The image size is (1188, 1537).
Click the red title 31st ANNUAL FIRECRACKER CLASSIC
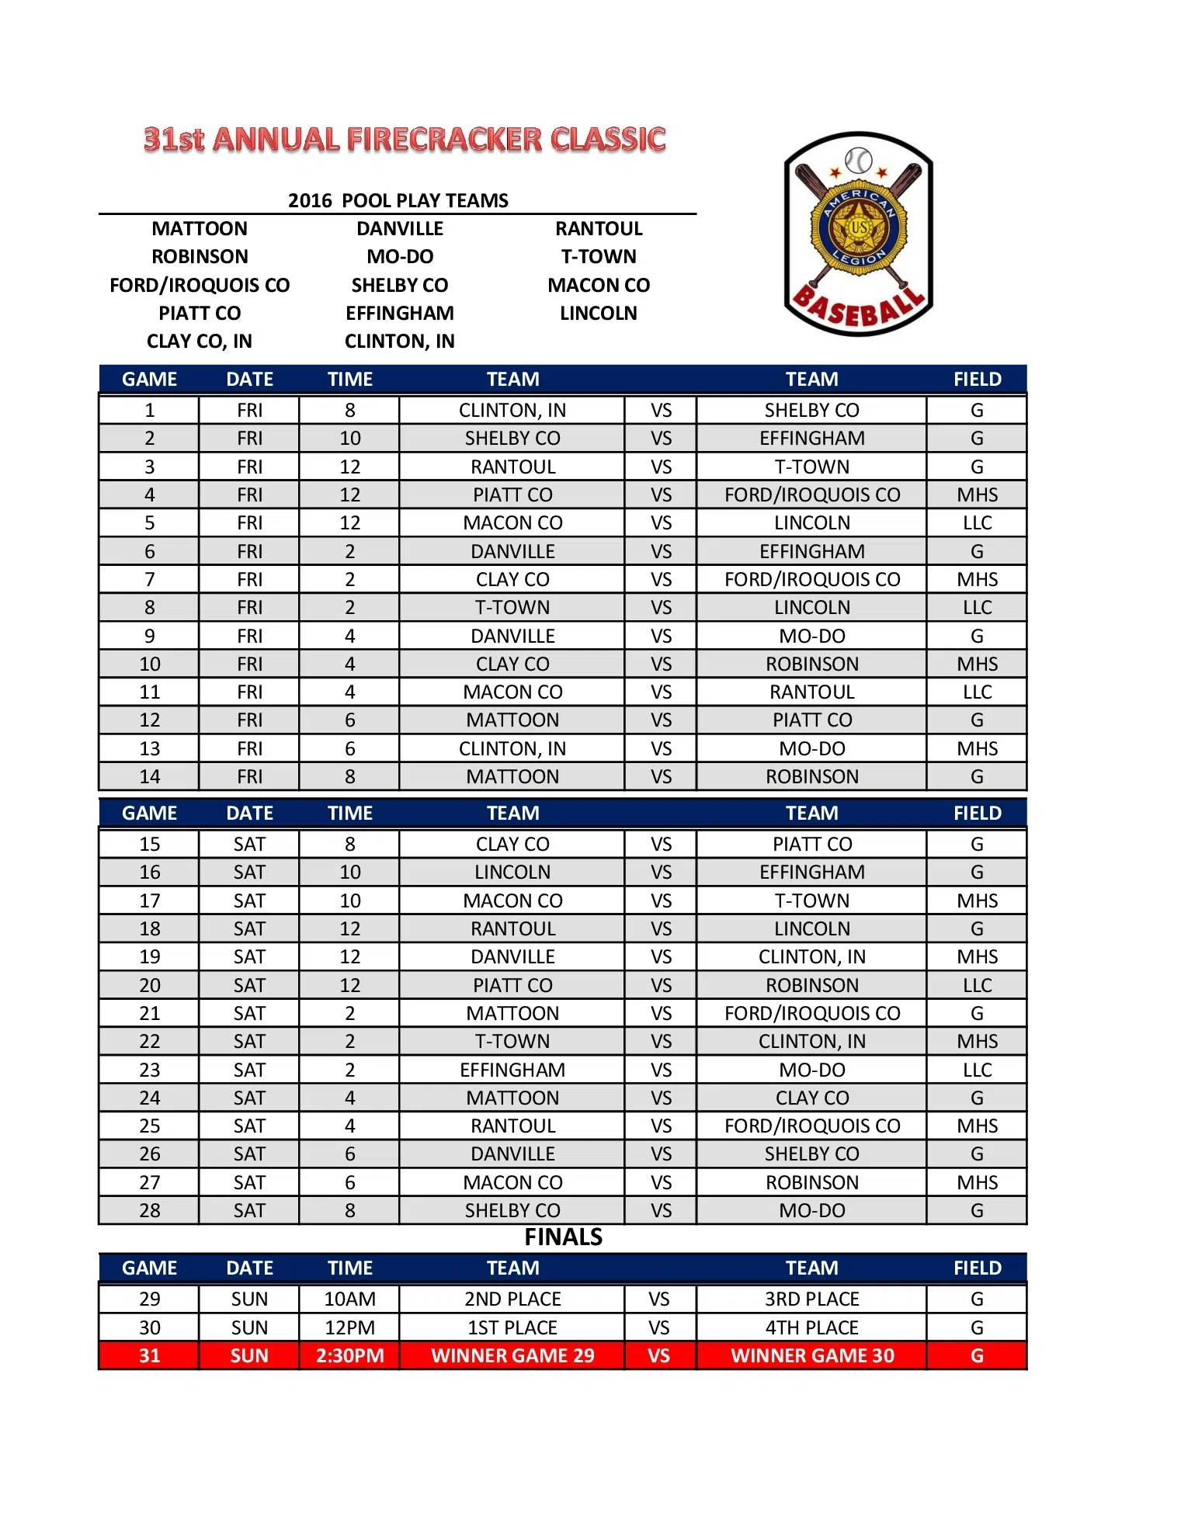(x=405, y=140)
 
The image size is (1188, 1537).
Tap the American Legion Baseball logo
(x=858, y=234)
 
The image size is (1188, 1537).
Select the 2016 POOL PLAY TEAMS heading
(x=398, y=200)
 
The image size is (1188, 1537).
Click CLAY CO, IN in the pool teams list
(x=200, y=342)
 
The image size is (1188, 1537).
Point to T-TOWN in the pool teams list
(x=599, y=257)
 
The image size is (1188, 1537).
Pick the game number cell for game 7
(x=149, y=580)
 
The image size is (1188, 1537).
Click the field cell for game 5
(x=977, y=523)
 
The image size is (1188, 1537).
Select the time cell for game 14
(x=349, y=777)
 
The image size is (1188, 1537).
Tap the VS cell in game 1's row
(x=661, y=411)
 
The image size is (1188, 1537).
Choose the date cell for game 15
(x=249, y=845)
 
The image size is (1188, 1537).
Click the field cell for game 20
(x=977, y=986)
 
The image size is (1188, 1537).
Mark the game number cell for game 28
(x=149, y=1211)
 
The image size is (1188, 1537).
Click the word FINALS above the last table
(x=563, y=1237)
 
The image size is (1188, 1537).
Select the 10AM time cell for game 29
(x=349, y=1299)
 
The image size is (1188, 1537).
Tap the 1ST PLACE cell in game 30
(x=512, y=1328)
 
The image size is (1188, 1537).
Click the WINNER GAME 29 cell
(x=512, y=1356)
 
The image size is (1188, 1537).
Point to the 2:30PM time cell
(x=349, y=1356)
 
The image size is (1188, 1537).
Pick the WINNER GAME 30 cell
(x=812, y=1356)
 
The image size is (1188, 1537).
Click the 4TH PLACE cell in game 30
(x=812, y=1328)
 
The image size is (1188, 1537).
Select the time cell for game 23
(x=349, y=1070)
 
